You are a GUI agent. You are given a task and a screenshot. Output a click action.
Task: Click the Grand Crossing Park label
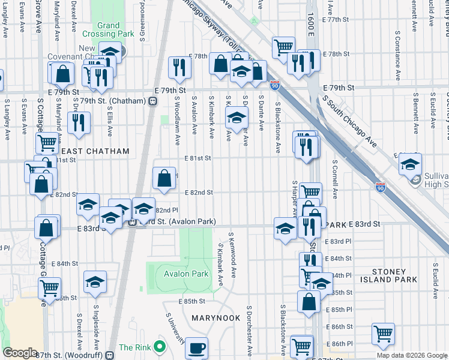point(109,30)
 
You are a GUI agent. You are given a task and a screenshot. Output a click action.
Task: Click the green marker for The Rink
point(159,347)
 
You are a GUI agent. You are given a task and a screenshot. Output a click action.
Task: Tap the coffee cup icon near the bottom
point(196,348)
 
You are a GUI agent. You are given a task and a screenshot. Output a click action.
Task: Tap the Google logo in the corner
point(20,353)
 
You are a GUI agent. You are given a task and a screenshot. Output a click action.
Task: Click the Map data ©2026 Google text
point(412,355)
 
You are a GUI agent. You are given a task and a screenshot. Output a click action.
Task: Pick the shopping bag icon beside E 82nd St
point(164,178)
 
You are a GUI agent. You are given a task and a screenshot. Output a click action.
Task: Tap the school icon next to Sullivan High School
point(410,164)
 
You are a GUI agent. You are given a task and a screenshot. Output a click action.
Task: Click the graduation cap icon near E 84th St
point(95,282)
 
